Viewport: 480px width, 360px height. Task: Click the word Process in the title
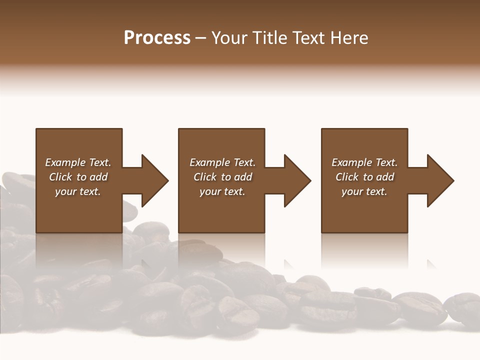coord(157,38)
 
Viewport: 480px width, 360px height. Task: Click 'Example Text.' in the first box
coord(78,162)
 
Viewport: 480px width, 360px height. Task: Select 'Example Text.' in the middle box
coord(222,162)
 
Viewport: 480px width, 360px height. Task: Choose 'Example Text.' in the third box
coord(364,162)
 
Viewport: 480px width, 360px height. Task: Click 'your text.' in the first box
coord(78,191)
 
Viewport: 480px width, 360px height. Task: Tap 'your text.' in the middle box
coord(222,191)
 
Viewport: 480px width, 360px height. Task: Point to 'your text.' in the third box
coord(364,191)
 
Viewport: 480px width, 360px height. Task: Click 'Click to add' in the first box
coord(78,177)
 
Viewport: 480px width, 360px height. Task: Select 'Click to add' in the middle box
coord(222,177)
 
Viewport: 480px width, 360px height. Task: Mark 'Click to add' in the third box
coord(364,177)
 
